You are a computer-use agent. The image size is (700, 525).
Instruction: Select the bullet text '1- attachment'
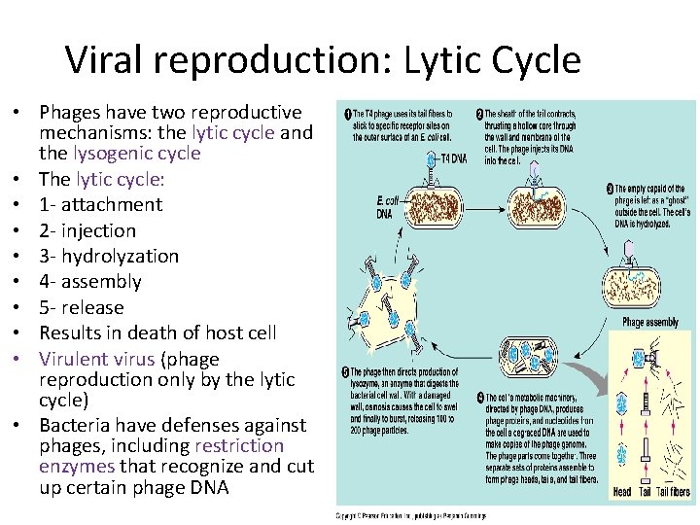(100, 204)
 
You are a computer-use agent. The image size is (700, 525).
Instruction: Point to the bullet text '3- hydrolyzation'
(109, 256)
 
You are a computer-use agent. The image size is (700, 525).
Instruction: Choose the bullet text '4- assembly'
(90, 282)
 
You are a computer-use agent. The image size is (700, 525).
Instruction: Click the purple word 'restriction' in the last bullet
(239, 446)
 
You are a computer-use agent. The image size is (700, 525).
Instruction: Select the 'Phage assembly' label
(650, 323)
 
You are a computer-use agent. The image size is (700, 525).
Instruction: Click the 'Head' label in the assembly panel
(623, 493)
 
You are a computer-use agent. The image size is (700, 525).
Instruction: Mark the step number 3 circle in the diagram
(610, 188)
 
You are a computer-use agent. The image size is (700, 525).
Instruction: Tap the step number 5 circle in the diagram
(345, 372)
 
